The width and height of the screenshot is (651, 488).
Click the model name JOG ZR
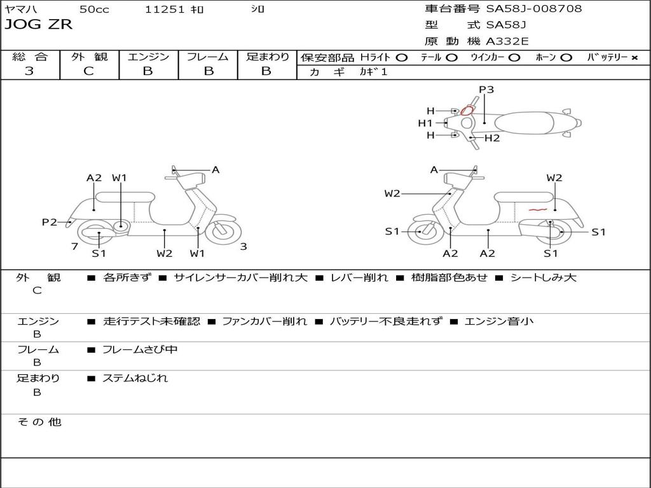click(39, 25)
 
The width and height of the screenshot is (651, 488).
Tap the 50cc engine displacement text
click(93, 9)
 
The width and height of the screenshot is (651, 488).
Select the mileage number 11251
click(165, 9)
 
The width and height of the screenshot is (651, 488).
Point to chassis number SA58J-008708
click(534, 9)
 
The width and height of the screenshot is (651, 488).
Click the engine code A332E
click(507, 42)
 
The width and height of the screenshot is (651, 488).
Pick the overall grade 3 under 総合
click(29, 71)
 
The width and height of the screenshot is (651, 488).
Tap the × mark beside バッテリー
click(634, 57)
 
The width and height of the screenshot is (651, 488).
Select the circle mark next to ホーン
click(566, 57)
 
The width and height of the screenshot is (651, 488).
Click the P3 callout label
click(486, 90)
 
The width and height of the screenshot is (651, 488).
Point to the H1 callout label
click(425, 123)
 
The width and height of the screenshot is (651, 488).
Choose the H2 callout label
click(492, 138)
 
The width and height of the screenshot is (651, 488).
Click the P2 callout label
click(50, 222)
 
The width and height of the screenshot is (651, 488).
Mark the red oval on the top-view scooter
click(467, 111)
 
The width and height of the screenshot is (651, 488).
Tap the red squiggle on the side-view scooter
click(537, 208)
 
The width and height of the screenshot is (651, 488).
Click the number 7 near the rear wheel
click(74, 246)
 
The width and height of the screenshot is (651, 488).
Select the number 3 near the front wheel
click(243, 247)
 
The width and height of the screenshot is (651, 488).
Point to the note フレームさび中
click(140, 349)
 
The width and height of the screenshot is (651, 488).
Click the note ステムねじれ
click(135, 378)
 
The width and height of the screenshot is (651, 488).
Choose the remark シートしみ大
click(543, 278)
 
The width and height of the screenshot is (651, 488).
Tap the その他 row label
click(39, 422)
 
